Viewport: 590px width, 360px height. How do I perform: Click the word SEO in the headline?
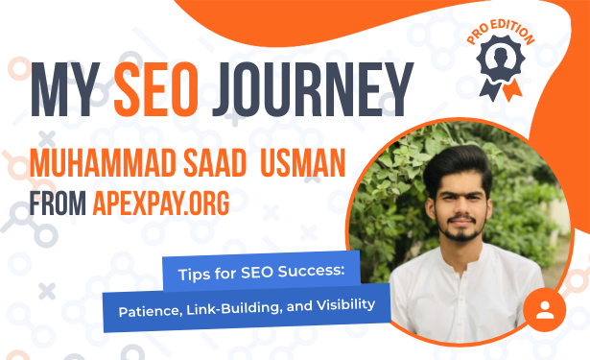click(x=155, y=89)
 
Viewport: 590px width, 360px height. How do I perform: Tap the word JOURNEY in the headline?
click(x=313, y=89)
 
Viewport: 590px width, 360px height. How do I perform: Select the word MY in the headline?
click(x=65, y=89)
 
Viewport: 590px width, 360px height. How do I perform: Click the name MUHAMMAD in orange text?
click(x=103, y=163)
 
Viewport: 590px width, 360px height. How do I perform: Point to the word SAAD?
click(x=215, y=163)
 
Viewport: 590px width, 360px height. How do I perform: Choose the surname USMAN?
click(x=302, y=163)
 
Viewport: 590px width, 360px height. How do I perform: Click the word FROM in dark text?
click(x=58, y=204)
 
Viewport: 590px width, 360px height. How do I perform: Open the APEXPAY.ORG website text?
click(x=161, y=204)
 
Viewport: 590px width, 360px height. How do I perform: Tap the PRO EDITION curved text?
click(x=501, y=33)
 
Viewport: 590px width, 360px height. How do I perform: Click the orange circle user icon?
click(x=545, y=310)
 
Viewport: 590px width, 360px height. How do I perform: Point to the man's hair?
click(x=458, y=166)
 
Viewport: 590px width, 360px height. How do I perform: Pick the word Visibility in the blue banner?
click(x=345, y=305)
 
